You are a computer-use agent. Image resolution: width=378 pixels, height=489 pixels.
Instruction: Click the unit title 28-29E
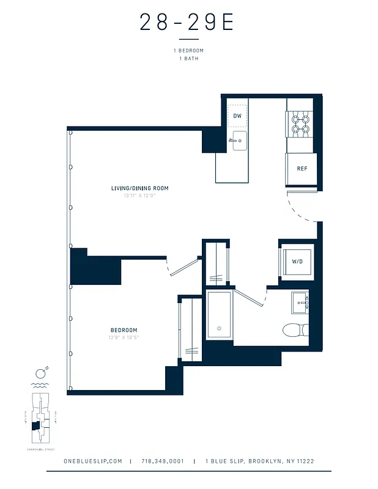[x=187, y=23]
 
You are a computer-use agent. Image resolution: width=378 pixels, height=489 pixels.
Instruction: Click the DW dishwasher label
[x=237, y=116]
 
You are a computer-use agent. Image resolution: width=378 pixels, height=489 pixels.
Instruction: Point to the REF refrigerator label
[x=302, y=169]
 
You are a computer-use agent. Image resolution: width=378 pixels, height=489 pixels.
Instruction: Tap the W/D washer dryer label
[x=297, y=261]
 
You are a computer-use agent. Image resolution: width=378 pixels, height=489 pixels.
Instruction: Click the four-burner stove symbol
[x=301, y=125]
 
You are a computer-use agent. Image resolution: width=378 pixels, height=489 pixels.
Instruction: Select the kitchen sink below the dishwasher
[x=239, y=141]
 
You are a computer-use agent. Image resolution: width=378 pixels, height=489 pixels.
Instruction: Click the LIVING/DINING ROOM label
[x=139, y=188]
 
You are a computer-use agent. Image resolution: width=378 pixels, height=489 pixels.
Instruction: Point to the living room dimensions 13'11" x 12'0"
[x=139, y=196]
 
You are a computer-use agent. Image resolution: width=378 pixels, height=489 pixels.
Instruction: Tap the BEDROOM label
[x=124, y=330]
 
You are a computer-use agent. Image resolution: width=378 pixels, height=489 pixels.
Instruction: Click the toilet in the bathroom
[x=297, y=331]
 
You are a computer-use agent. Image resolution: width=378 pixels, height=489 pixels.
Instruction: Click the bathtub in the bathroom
[x=218, y=315]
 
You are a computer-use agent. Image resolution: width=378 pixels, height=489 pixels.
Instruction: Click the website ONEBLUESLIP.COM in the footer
[x=93, y=461]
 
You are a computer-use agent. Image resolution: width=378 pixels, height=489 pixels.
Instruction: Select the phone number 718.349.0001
[x=162, y=461]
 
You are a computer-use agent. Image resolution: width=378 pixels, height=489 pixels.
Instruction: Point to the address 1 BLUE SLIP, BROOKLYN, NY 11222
[x=260, y=461]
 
